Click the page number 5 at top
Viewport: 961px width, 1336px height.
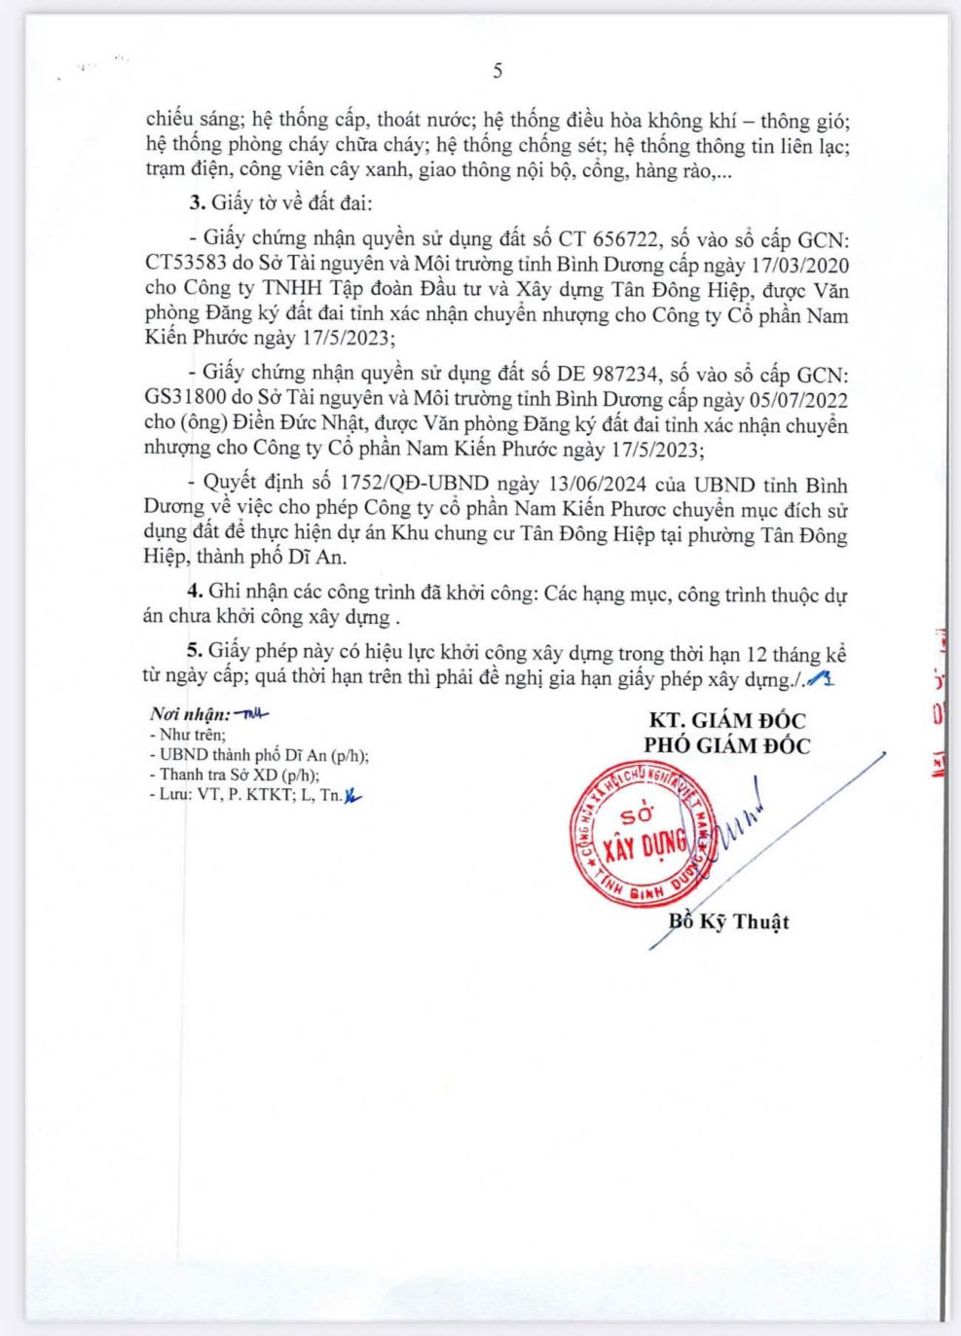[498, 70]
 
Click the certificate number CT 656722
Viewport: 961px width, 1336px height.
[610, 239]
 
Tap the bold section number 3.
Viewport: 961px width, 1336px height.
[195, 203]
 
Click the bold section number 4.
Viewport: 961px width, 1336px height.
[195, 593]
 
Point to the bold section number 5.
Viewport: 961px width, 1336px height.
[195, 653]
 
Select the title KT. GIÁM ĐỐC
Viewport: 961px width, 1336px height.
[726, 721]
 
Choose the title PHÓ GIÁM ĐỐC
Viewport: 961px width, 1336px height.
[726, 745]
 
